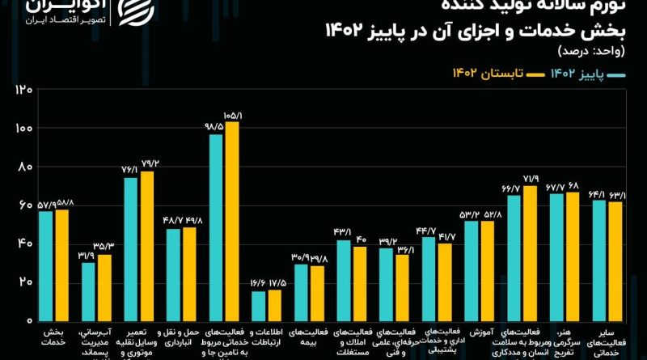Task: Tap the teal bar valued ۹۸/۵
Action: (216, 227)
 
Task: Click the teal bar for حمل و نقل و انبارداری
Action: (173, 274)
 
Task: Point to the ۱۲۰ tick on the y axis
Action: (22, 90)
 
